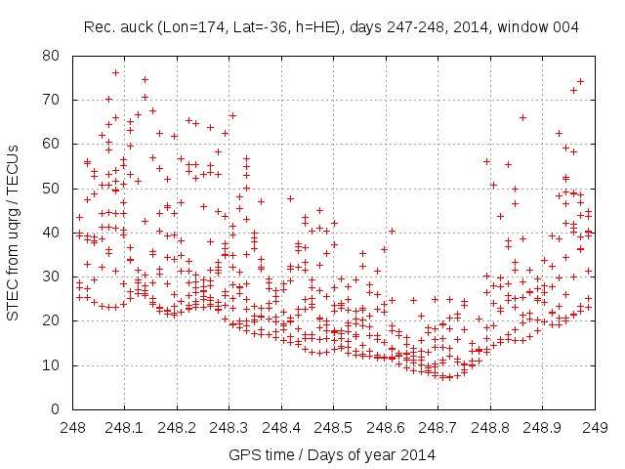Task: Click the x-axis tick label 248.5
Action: pos(333,427)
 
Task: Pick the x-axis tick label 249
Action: pos(594,427)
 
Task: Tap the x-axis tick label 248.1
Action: pos(124,427)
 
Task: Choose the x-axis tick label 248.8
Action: pos(489,427)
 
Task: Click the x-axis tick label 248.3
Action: pos(229,427)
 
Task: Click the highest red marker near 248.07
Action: pos(115,72)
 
